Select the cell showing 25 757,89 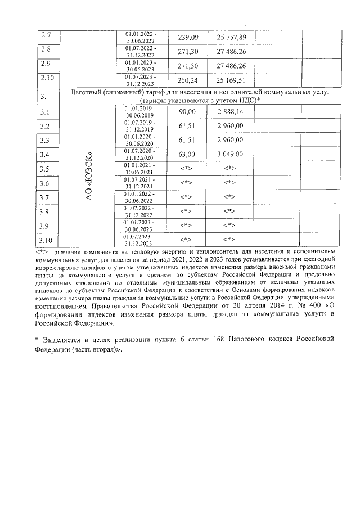pos(232,38)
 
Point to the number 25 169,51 pos(232,80)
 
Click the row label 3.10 pos(47,240)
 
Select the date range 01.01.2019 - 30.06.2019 pos(141,111)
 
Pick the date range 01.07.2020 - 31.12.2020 pos(141,154)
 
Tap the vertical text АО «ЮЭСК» pos(87,175)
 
